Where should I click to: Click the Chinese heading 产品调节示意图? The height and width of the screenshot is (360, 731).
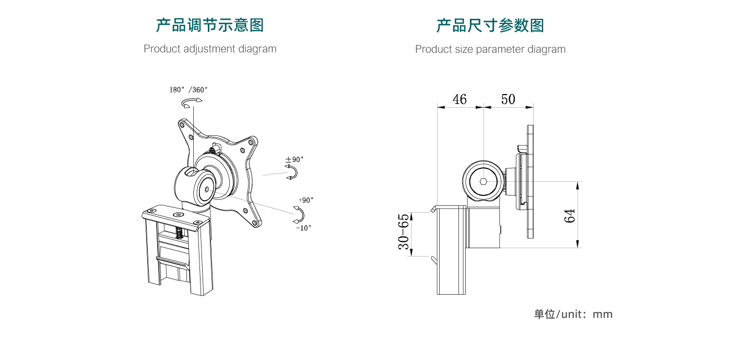(210, 25)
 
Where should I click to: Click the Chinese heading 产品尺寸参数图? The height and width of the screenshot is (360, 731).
(490, 25)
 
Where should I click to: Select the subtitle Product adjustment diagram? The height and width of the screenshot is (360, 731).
(210, 49)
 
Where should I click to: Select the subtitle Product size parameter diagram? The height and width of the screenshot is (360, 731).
(490, 50)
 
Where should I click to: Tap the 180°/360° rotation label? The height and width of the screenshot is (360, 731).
(188, 89)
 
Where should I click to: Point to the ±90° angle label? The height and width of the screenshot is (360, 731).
(294, 159)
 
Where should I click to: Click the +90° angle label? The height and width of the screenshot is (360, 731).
(306, 200)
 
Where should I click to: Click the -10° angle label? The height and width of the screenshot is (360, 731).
(303, 228)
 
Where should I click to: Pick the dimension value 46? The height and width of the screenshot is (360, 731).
(459, 99)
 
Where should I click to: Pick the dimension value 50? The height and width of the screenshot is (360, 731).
(508, 99)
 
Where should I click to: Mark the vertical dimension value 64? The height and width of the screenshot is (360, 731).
(570, 215)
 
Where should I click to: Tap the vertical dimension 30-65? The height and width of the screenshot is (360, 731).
(404, 231)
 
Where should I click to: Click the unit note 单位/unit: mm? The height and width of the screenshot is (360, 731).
(573, 315)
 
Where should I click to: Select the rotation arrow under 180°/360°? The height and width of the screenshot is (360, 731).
(191, 102)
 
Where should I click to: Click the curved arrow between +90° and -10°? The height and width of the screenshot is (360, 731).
(299, 214)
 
